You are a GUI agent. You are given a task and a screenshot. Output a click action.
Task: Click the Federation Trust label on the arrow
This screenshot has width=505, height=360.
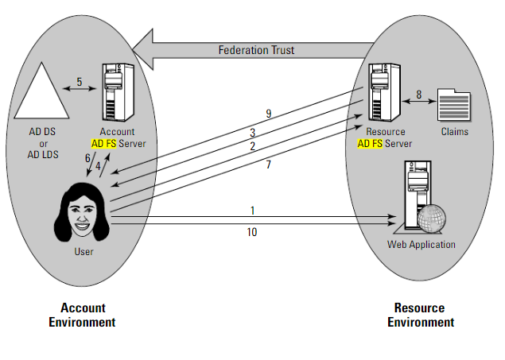(x=256, y=50)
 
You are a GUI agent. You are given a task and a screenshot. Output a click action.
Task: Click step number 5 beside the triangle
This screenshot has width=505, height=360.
(x=80, y=81)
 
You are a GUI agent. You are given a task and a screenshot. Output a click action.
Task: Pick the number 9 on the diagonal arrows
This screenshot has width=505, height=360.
(x=269, y=114)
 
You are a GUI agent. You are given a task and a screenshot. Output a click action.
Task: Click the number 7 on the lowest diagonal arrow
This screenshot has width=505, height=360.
(x=270, y=165)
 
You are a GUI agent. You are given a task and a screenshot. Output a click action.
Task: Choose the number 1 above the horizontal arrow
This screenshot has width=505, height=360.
(x=253, y=211)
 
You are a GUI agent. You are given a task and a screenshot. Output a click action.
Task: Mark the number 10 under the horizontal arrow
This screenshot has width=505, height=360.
(x=253, y=233)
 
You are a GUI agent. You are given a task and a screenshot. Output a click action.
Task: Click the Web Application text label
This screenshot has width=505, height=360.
(x=421, y=245)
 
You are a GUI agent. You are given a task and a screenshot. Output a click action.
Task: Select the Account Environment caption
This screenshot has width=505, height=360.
(x=82, y=315)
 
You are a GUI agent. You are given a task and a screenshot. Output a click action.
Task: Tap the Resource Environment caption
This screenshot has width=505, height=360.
(x=420, y=315)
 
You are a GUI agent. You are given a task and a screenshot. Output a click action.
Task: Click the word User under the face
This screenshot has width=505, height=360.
(x=84, y=252)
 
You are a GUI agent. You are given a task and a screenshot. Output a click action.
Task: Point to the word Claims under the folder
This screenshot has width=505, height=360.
(x=455, y=132)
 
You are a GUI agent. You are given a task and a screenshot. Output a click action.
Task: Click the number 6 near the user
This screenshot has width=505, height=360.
(x=87, y=158)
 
